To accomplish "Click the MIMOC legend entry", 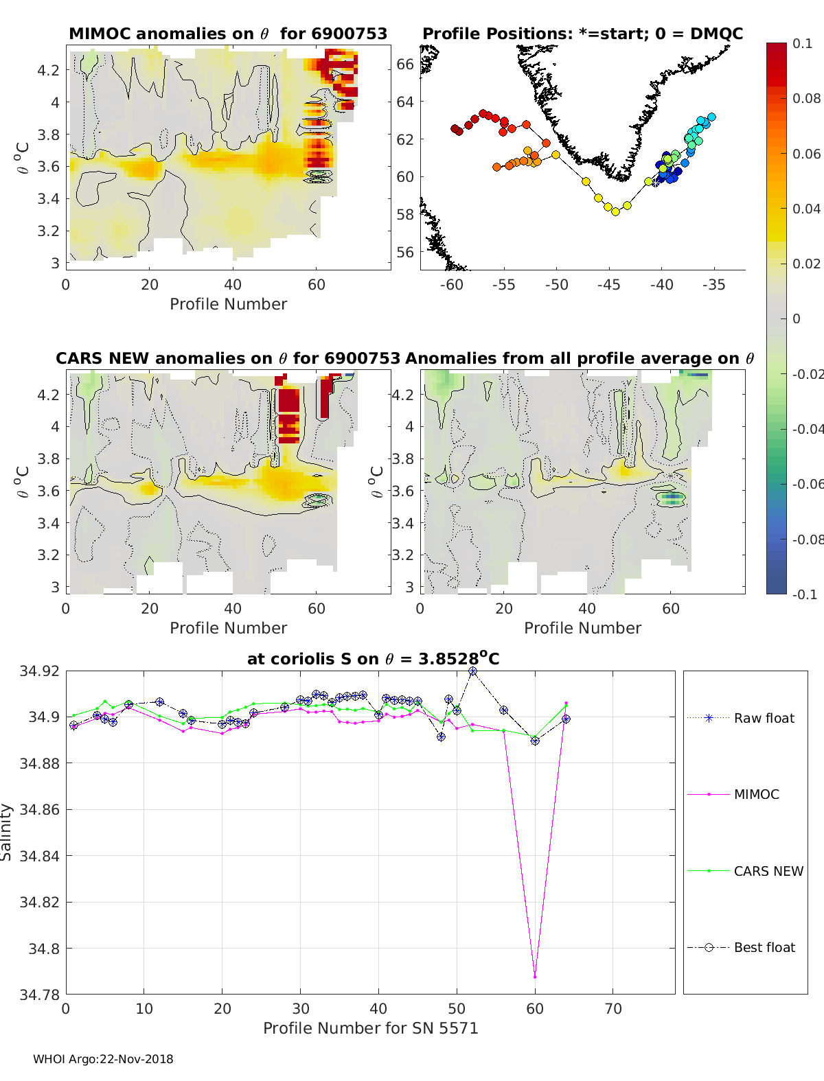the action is point(733,794).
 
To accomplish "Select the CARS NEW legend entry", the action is point(746,871).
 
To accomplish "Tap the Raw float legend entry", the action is point(741,718).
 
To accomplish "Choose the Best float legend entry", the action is point(741,948).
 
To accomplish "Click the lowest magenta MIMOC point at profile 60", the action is point(535,977).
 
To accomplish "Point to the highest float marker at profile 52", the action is point(473,671).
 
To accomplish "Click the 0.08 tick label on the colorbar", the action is point(806,99).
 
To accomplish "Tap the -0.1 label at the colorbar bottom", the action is point(805,594).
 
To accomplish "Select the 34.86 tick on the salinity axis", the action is point(39,810).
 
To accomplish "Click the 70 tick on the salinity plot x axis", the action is point(613,1009).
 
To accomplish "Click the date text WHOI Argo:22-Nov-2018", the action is point(103,1059).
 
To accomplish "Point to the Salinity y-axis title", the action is point(6,833).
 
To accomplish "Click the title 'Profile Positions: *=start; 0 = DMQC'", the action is point(583,34).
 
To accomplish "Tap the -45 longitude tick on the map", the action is point(609,285).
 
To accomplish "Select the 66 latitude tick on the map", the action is point(405,65).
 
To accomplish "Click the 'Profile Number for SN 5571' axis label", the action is point(371,1028).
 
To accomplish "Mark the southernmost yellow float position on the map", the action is point(615,212).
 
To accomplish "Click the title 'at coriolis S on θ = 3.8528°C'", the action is point(373,658).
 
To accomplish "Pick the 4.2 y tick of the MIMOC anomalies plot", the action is point(48,71).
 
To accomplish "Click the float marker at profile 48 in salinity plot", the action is point(442,736).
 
